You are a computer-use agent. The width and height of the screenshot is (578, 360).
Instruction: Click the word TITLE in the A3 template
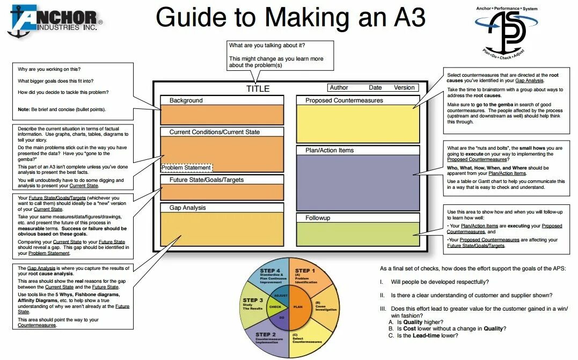coord(258,89)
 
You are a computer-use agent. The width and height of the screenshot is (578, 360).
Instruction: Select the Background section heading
coord(186,100)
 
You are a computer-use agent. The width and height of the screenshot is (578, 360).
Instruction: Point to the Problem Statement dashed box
coord(186,168)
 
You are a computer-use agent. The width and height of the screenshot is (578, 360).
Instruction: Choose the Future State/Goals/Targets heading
coord(207,180)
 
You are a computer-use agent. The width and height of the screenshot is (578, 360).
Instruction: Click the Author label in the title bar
coord(339,87)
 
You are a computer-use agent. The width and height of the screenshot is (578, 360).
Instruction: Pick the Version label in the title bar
coord(404,87)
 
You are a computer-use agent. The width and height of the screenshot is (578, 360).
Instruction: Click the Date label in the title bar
coord(375,87)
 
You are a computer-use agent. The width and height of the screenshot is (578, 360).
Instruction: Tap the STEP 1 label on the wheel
coord(306,271)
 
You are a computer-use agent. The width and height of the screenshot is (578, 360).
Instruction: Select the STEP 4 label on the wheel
coord(270,270)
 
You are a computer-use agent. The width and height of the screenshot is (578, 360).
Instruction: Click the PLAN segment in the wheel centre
coord(298,307)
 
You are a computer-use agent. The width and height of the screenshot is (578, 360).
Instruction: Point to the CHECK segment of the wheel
coord(275,307)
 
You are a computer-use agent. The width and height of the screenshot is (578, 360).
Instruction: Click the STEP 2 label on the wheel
coord(266,335)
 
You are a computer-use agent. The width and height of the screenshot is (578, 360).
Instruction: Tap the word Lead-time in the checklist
coord(427,335)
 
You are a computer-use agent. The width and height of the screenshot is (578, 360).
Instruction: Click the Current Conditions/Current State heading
coord(215,132)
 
